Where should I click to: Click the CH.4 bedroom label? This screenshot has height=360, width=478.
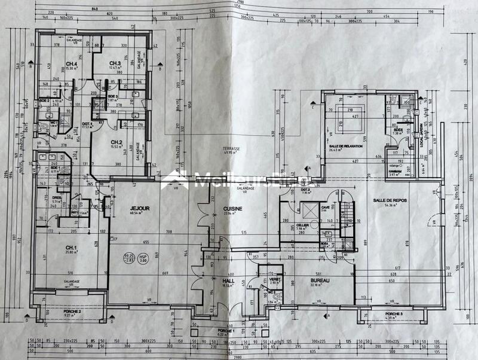tap(72, 64)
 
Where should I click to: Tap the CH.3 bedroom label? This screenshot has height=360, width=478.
tap(115, 63)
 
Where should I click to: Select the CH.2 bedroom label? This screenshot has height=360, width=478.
tap(117, 142)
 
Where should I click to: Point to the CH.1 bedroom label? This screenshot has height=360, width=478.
tap(71, 248)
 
